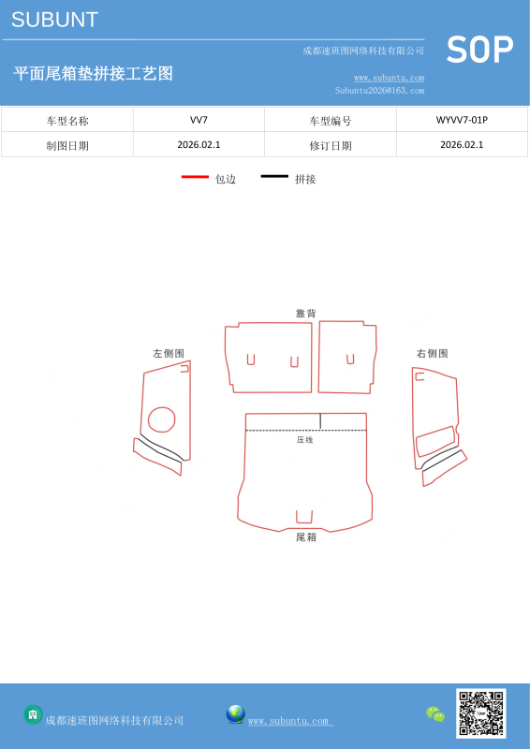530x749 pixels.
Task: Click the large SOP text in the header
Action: tap(479, 51)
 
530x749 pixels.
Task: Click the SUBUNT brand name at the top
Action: tap(54, 20)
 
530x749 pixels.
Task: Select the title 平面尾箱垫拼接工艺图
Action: tap(93, 74)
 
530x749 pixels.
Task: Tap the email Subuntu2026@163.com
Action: tap(379, 90)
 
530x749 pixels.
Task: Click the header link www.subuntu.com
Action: tap(389, 78)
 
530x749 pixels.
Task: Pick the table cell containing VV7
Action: tap(199, 120)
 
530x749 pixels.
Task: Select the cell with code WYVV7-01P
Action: tap(462, 120)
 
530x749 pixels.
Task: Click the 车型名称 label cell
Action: tap(67, 121)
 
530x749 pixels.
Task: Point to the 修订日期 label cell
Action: tap(331, 145)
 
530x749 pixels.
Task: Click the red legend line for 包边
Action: tap(195, 177)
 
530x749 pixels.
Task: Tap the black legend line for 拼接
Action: tap(274, 177)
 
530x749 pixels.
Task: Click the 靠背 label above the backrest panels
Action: tap(306, 314)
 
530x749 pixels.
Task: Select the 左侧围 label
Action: tap(169, 354)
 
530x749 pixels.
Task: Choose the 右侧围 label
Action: tap(433, 354)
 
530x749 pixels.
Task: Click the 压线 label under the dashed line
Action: tap(305, 439)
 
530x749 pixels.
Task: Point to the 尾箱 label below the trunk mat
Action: tap(306, 536)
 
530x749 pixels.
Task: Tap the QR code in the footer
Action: tap(480, 713)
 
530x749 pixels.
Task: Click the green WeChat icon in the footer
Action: tap(435, 714)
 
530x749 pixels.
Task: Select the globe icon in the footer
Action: tap(236, 714)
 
